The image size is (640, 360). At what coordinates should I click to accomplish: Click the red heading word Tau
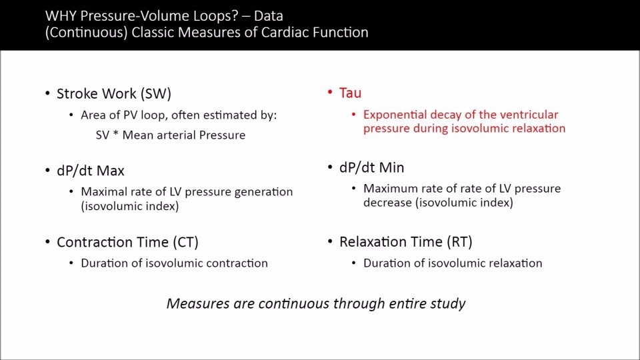pyautogui.click(x=350, y=93)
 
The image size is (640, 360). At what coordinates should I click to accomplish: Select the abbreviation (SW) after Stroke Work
pyautogui.click(x=156, y=94)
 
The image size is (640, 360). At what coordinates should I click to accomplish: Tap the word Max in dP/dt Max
pyautogui.click(x=111, y=171)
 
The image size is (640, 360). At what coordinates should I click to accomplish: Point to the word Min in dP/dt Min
pyautogui.click(x=391, y=167)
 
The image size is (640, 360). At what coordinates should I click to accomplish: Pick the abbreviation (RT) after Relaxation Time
pyautogui.click(x=459, y=242)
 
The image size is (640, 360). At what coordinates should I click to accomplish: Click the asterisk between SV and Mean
pyautogui.click(x=115, y=133)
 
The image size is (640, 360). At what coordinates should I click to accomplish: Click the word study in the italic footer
pyautogui.click(x=448, y=304)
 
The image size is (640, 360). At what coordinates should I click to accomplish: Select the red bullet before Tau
pyautogui.click(x=330, y=92)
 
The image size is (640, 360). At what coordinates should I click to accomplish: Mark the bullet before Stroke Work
pyautogui.click(x=47, y=93)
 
